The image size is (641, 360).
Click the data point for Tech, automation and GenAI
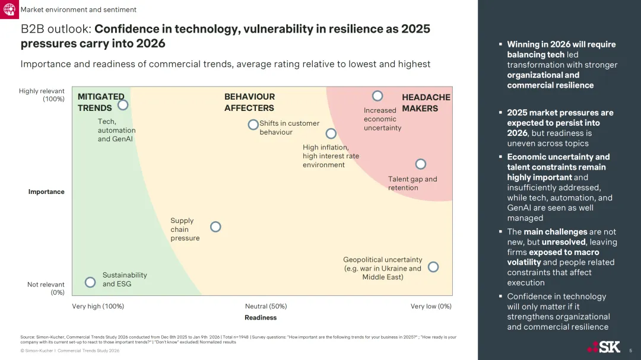coord(123,105)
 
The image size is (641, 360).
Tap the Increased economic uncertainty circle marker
coord(377,95)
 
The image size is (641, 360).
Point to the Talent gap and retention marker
coord(420,164)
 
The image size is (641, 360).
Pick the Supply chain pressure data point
coord(215,227)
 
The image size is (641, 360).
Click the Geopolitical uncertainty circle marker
coord(433,267)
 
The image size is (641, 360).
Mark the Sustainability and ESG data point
coord(90,282)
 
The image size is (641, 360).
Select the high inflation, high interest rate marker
coord(331,133)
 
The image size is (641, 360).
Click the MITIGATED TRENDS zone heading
coord(101,102)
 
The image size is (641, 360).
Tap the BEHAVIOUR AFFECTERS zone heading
coord(249,102)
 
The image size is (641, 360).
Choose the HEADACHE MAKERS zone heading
coord(426,103)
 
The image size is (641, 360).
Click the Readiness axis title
coord(261,317)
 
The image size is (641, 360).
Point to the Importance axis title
coord(46,192)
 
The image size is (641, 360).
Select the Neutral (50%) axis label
coord(266,306)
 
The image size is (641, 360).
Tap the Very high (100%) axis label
coord(98,306)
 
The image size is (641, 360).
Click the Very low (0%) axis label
coord(431,306)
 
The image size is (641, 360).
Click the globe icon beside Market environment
coord(9,9)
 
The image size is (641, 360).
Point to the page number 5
coord(630,351)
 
